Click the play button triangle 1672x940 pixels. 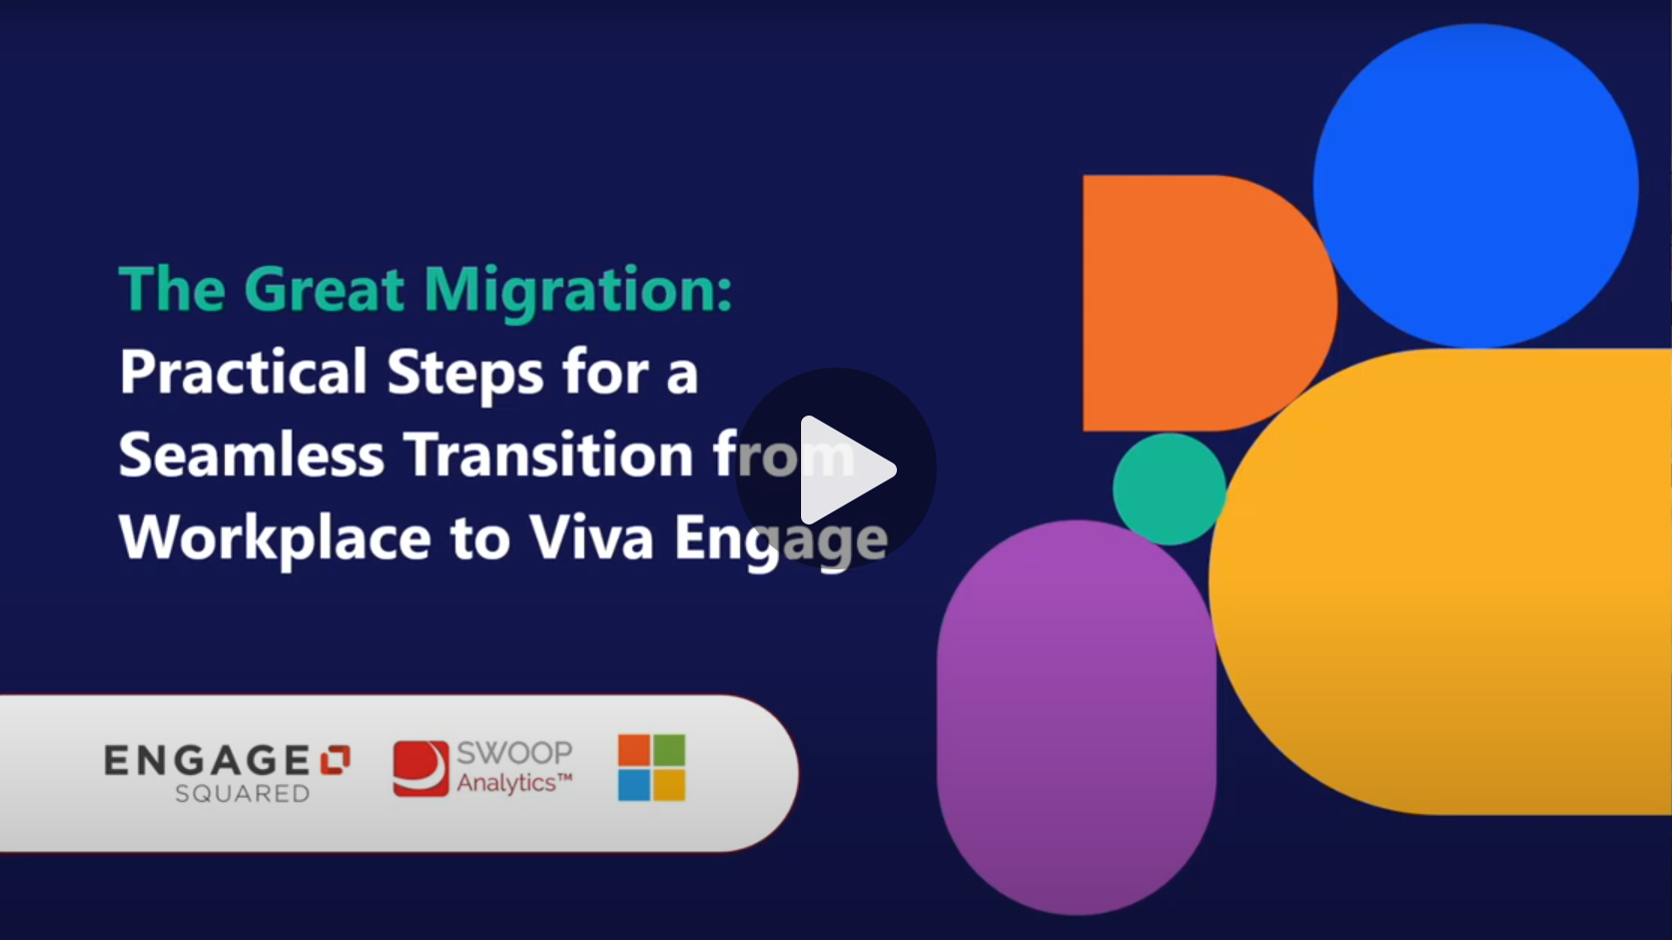pos(845,470)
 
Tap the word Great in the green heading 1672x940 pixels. pos(324,291)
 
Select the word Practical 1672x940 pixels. pos(244,373)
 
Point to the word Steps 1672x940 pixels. pos(465,373)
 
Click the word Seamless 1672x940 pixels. pos(251,456)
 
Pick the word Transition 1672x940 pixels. pos(548,456)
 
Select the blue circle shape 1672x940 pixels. pos(1475,185)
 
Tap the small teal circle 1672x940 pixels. pos(1169,488)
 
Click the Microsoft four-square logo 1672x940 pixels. pos(651,767)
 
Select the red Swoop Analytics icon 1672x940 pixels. pos(420,768)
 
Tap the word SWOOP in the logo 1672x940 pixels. pos(514,753)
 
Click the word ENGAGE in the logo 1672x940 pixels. pos(208,761)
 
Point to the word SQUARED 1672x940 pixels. pos(242,794)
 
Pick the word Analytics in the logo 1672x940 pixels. pos(506,783)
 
